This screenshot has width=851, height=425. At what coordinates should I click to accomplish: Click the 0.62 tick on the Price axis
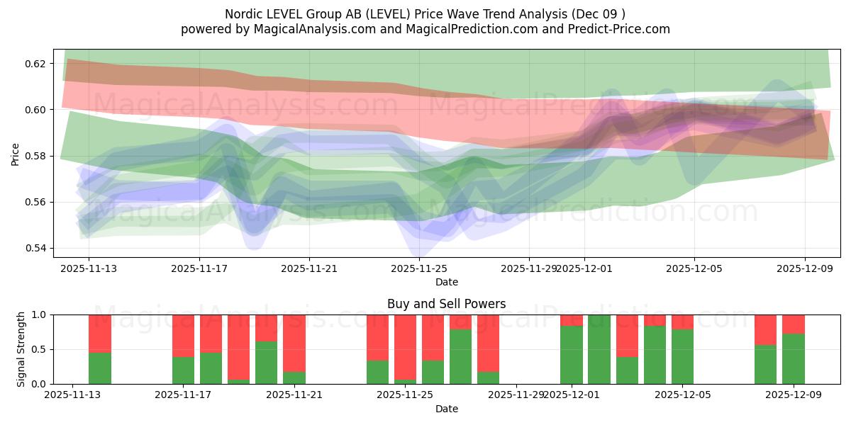35,64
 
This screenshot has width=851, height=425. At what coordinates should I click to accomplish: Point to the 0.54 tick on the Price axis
35,249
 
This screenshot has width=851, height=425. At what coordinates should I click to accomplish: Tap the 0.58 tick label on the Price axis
35,156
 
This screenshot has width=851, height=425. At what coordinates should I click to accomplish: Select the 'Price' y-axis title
15,154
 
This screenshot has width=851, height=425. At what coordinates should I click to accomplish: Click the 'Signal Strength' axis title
21,348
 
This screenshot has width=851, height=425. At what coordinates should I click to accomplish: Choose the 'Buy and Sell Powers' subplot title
446,304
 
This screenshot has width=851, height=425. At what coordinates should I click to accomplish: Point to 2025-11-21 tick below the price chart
309,268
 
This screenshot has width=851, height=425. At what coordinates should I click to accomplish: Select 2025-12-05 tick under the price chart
694,268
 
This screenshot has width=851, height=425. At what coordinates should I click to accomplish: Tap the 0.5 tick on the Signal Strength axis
40,349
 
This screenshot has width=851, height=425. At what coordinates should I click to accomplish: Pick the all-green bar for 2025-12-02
599,349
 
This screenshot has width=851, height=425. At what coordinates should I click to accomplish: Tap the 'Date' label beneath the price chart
446,282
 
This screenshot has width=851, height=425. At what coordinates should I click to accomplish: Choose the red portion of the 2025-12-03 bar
627,335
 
